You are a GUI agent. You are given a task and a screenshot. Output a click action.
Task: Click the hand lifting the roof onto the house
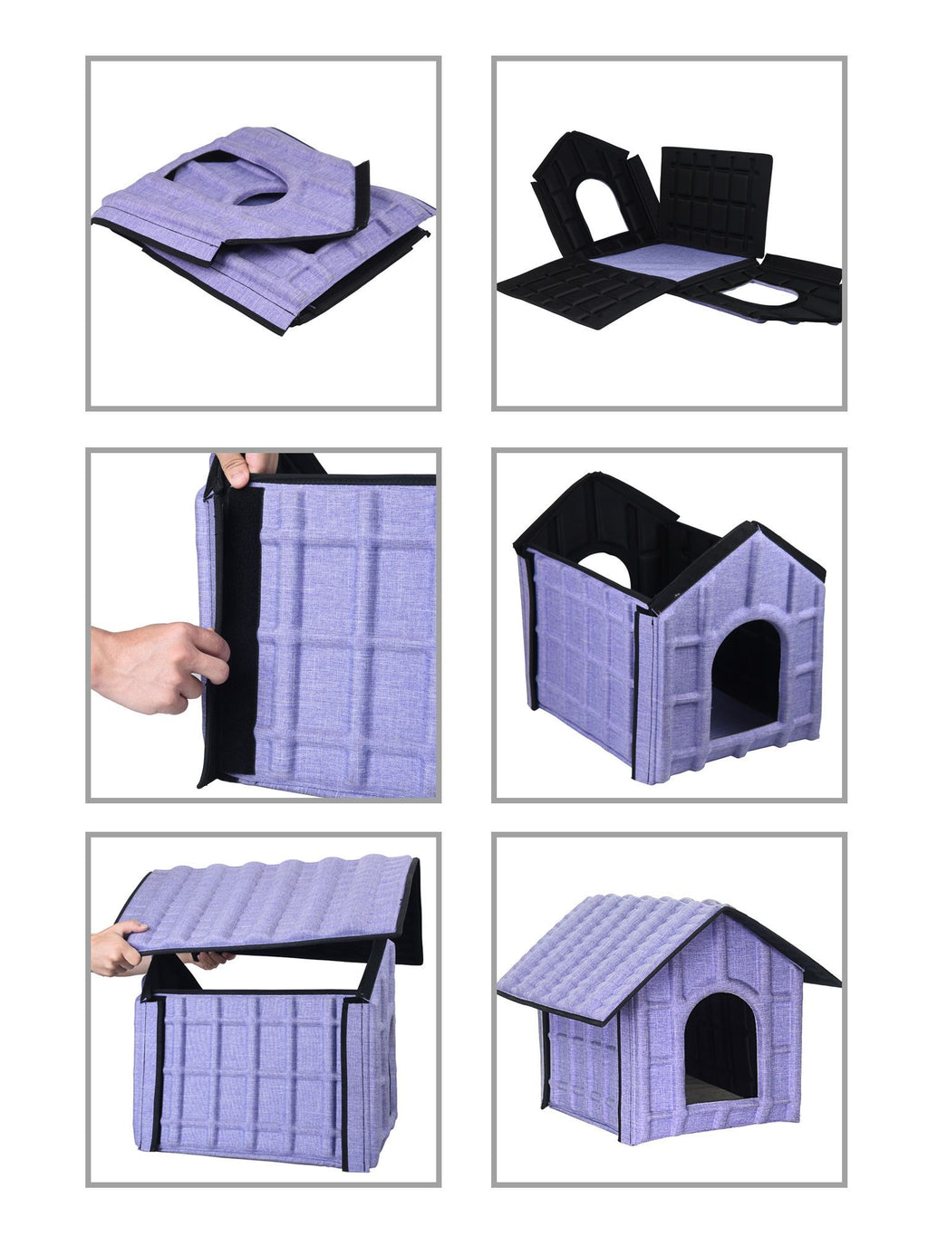[x=118, y=948]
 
